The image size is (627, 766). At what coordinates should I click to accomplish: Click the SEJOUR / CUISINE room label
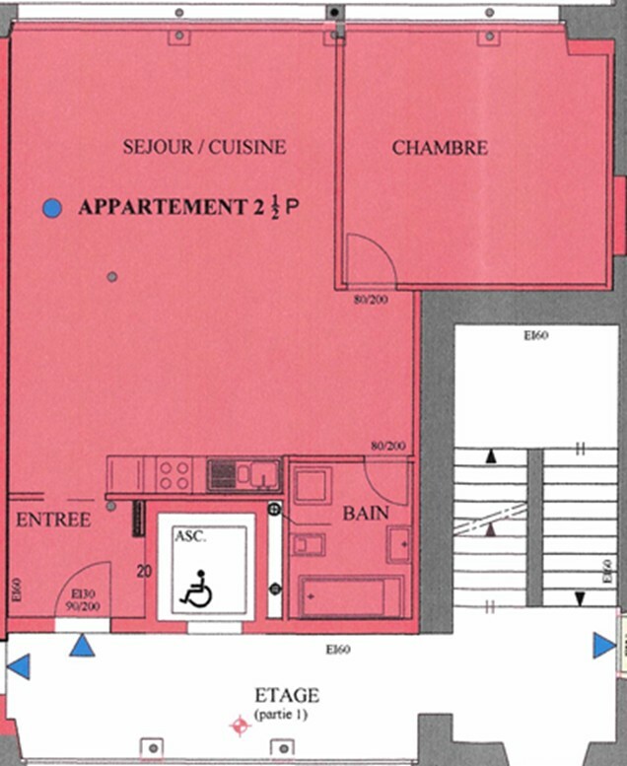pyautogui.click(x=204, y=147)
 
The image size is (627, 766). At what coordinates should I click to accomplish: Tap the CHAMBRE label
pyautogui.click(x=440, y=148)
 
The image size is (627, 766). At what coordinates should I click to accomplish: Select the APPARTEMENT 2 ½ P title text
pyautogui.click(x=187, y=207)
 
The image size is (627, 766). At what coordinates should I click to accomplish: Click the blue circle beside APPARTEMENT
pyautogui.click(x=52, y=208)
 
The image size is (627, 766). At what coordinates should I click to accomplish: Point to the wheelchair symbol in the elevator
pyautogui.click(x=196, y=589)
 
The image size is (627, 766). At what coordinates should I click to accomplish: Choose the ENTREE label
pyautogui.click(x=54, y=519)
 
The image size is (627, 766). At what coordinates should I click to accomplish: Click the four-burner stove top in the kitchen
pyautogui.click(x=174, y=475)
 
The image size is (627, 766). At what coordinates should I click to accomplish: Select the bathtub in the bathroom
pyautogui.click(x=350, y=596)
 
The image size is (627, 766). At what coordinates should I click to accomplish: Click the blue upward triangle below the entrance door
pyautogui.click(x=82, y=646)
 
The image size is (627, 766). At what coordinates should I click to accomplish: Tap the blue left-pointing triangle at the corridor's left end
pyautogui.click(x=18, y=667)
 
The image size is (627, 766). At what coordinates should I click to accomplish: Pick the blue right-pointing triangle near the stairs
pyautogui.click(x=604, y=646)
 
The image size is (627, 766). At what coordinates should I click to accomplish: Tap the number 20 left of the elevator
pyautogui.click(x=145, y=571)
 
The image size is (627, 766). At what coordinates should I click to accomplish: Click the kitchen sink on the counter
pyautogui.click(x=262, y=474)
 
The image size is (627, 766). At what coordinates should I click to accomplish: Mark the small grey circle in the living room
pyautogui.click(x=112, y=276)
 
